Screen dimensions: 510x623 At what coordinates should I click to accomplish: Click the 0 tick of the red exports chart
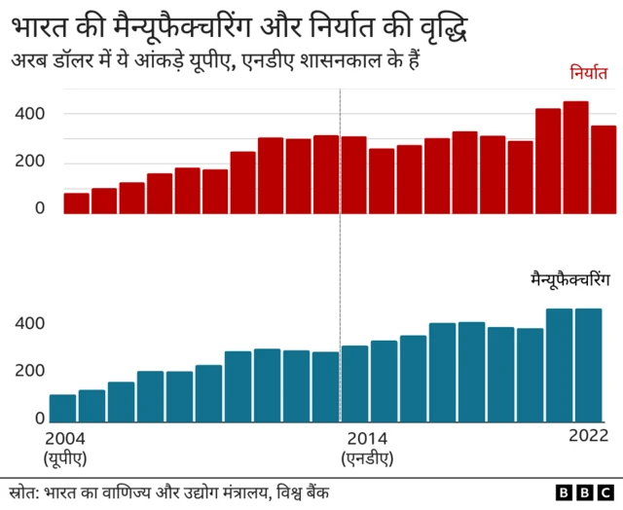tap(40, 208)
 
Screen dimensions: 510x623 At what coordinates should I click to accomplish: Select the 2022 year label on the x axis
tap(587, 436)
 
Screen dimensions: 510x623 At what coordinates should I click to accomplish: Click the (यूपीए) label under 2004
tap(63, 457)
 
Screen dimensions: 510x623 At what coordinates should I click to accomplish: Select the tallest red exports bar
tap(576, 157)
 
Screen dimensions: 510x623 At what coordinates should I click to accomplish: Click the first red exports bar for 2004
tap(76, 202)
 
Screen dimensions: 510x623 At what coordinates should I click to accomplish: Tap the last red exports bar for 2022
tap(604, 168)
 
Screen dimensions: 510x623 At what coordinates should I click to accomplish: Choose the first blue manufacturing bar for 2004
tap(62, 409)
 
